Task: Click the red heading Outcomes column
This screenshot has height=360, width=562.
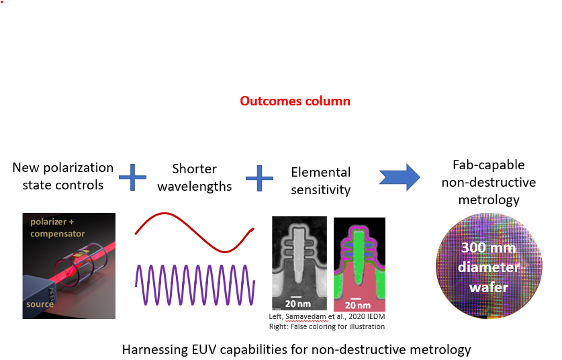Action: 295,101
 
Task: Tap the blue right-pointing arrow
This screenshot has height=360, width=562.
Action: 399,177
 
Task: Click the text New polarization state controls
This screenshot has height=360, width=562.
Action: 62,177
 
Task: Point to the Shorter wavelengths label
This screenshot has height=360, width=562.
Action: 194,177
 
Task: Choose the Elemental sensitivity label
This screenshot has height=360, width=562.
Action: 321,181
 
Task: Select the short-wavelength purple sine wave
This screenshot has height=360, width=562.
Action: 195,283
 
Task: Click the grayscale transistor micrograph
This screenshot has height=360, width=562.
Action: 299,262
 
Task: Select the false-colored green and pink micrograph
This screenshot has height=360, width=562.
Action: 359,262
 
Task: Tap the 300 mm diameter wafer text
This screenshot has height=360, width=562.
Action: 487,267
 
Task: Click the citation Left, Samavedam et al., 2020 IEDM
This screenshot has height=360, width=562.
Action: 328,317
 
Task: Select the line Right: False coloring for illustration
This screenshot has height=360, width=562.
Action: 328,326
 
